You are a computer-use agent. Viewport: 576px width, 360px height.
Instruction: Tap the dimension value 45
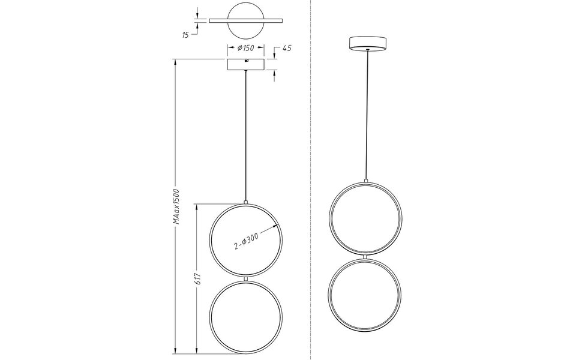pos(286,49)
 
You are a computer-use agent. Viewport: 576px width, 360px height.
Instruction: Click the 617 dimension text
pos(197,278)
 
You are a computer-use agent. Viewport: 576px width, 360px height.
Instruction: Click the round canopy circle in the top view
pos(245,13)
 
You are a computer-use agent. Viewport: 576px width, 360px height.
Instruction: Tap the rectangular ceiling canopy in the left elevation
pos(245,64)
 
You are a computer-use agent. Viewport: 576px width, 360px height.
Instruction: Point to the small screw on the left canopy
pos(245,61)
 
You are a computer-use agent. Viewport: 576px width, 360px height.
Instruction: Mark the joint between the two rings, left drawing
pos(245,279)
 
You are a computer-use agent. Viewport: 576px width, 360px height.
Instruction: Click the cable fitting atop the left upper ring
pos(245,202)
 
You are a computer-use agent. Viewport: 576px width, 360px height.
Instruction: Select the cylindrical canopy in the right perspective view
pos(367,43)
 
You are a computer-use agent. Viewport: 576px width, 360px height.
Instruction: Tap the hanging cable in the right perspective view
pos(366,114)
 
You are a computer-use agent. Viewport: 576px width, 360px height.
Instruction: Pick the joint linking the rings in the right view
pos(366,257)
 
